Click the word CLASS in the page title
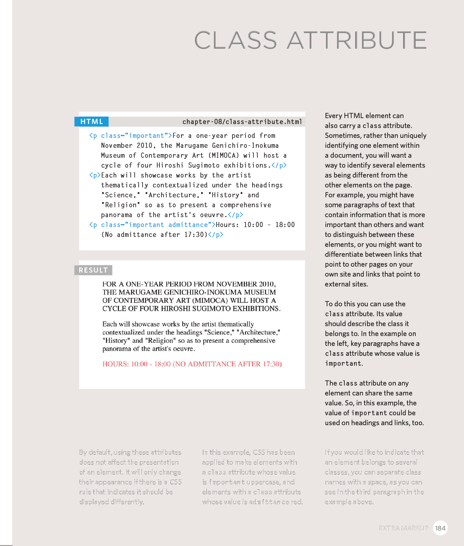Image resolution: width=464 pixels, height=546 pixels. [236, 40]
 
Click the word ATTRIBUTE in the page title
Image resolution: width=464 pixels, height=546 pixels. [357, 40]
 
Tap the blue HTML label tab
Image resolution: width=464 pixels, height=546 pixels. [91, 122]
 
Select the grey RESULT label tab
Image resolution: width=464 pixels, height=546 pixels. [93, 270]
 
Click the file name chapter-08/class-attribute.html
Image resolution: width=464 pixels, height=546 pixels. [242, 122]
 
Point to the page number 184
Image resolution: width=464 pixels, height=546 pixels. [440, 528]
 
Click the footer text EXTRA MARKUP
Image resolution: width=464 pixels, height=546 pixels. [403, 528]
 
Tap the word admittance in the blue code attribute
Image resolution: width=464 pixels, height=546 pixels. [188, 225]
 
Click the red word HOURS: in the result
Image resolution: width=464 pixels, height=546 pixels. [115, 364]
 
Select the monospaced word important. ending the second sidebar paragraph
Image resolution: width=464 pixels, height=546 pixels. [344, 363]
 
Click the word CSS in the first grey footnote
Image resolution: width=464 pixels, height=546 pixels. [176, 482]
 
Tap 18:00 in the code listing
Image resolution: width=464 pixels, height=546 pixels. [285, 225]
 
